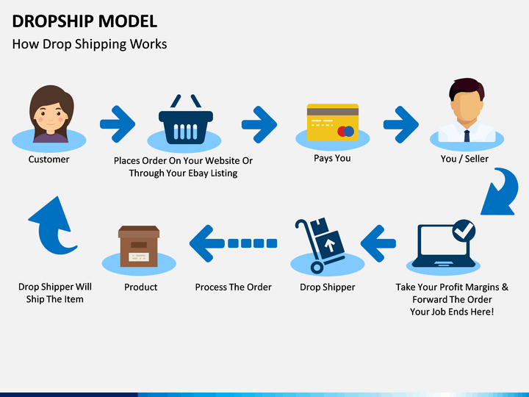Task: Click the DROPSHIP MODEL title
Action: coord(84,21)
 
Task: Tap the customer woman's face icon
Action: coord(51,114)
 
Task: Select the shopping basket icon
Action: coord(186,119)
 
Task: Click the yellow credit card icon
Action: coord(333,122)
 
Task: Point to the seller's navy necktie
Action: coord(467,136)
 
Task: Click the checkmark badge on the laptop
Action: coord(464,231)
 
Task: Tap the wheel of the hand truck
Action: coord(317,268)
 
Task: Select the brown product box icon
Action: coord(139,246)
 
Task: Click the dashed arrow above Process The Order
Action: coord(233,243)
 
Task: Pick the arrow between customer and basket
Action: coord(118,124)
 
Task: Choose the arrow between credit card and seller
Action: coord(401,124)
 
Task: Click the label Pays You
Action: coord(332,158)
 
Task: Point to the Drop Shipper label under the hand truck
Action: coord(327,287)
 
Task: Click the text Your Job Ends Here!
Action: coord(452,312)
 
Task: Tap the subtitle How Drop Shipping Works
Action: coord(90,44)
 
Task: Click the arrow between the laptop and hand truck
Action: coord(378,243)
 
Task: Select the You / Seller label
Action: coord(464,159)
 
